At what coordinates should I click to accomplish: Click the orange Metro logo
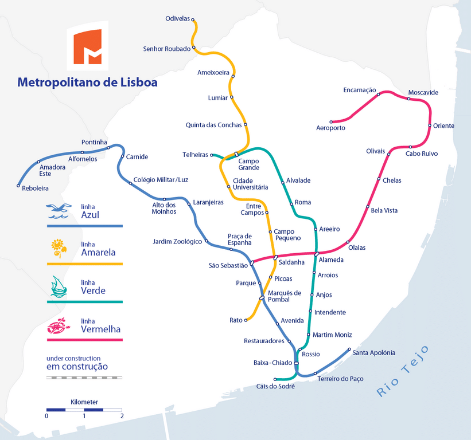[x=87, y=46]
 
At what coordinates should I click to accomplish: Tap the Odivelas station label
[x=177, y=18]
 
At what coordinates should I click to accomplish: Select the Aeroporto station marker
[x=332, y=122]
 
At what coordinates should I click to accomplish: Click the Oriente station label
[x=443, y=126]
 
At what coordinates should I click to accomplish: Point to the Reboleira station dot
[x=18, y=186]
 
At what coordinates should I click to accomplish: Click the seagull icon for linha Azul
[x=60, y=211]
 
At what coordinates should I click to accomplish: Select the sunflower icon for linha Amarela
[x=59, y=249]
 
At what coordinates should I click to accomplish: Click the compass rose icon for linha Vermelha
[x=59, y=326]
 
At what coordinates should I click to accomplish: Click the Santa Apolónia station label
[x=373, y=353]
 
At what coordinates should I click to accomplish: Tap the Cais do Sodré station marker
[x=275, y=379]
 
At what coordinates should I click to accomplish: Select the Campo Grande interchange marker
[x=236, y=154]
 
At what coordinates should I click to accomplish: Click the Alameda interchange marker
[x=317, y=253]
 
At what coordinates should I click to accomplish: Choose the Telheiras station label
[x=195, y=155]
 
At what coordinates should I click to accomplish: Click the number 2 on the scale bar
[x=121, y=416]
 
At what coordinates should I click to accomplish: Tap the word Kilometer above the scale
[x=84, y=402]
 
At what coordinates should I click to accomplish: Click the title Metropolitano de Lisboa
[x=87, y=82]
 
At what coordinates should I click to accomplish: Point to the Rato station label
[x=236, y=320]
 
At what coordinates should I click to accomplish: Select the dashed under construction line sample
[x=84, y=378]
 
